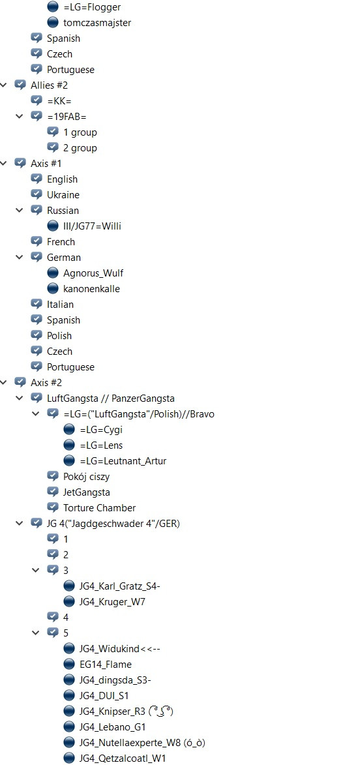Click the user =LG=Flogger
tap(92, 7)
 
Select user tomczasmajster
tap(97, 23)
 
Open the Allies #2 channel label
tap(50, 85)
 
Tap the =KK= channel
tap(59, 101)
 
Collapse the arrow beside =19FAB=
tap(20, 117)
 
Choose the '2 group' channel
tap(80, 148)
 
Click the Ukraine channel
tap(63, 194)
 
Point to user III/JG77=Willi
tap(92, 226)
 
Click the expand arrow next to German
tap(20, 257)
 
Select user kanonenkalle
tap(91, 289)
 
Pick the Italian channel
tap(60, 305)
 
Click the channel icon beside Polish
tap(37, 335)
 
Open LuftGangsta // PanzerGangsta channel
tap(111, 398)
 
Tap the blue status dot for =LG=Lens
tap(69, 445)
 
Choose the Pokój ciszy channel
tap(86, 477)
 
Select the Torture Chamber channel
tap(100, 508)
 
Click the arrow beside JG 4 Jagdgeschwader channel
tap(20, 523)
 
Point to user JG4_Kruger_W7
tap(112, 601)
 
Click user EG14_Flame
tap(106, 665)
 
